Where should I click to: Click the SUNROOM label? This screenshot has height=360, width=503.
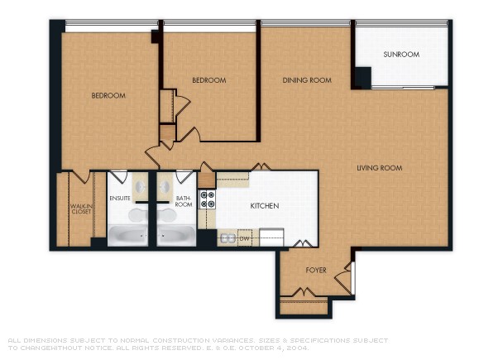[401, 55]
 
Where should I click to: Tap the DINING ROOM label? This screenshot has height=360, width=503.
[307, 80]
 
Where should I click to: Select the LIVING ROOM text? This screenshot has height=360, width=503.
[379, 168]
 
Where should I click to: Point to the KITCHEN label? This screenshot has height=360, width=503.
[264, 205]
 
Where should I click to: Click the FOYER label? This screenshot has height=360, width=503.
[316, 271]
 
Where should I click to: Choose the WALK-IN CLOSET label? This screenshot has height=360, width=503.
[80, 209]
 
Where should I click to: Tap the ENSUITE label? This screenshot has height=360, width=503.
[120, 199]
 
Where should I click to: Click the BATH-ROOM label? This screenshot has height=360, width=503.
[184, 201]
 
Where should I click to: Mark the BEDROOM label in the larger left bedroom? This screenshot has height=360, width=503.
[108, 96]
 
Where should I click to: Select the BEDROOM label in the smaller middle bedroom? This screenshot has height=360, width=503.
[208, 80]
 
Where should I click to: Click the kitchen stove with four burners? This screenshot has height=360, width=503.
[208, 199]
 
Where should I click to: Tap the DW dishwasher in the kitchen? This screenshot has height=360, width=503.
[245, 238]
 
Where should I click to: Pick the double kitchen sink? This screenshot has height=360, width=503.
[226, 238]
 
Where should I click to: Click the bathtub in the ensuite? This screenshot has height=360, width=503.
[129, 237]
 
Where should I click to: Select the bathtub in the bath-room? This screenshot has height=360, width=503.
[175, 237]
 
